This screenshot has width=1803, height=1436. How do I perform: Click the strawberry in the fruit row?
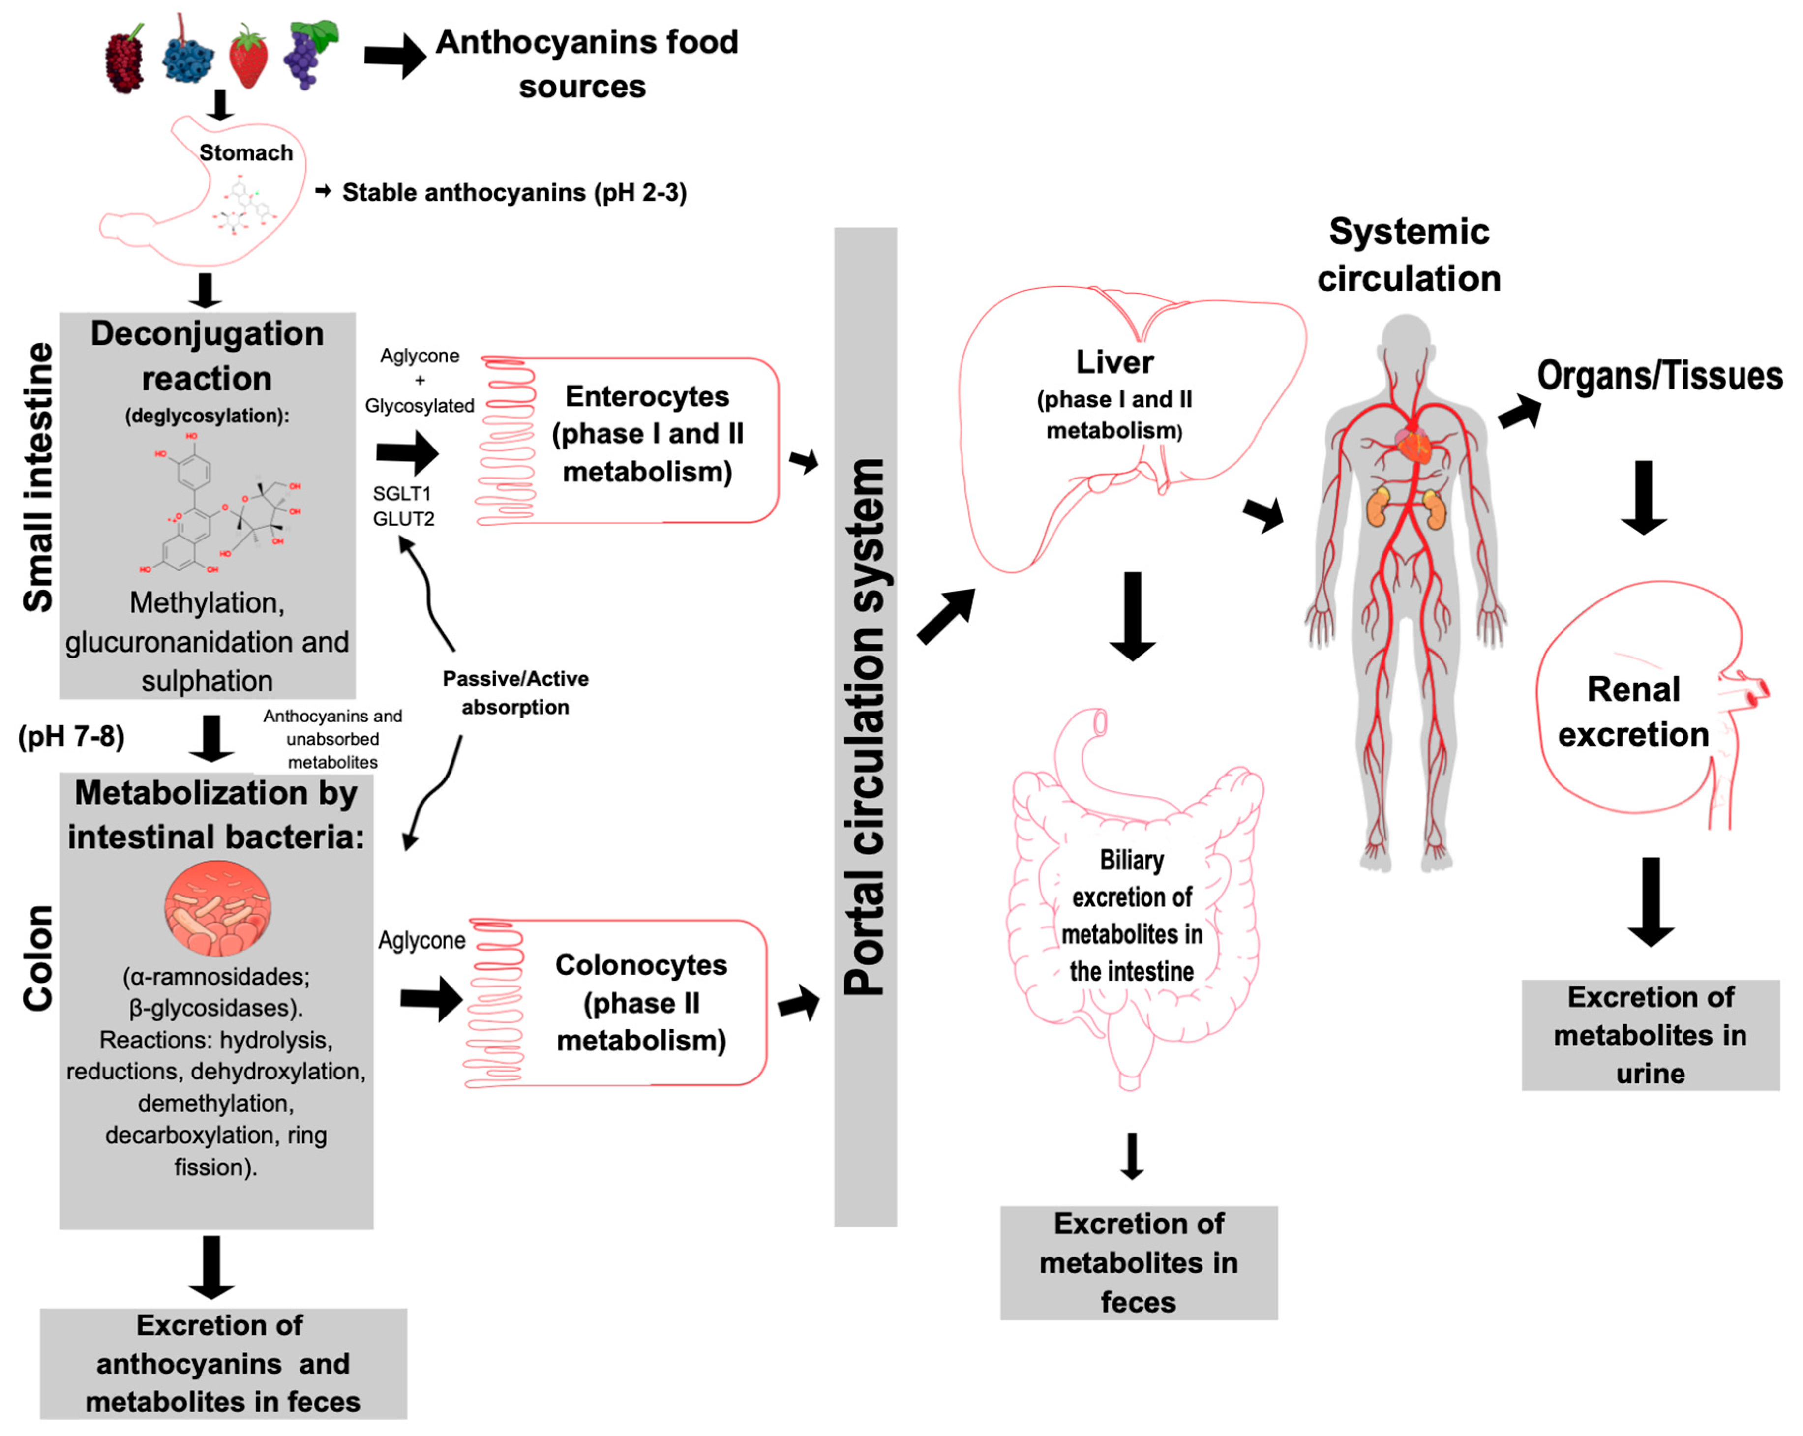248,57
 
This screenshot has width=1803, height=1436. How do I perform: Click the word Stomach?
246,153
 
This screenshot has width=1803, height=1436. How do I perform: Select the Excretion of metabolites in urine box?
1650,1035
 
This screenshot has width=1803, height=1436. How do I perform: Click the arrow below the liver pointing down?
1132,617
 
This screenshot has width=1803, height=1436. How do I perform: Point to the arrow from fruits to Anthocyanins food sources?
395,56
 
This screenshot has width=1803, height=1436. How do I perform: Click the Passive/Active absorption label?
515,692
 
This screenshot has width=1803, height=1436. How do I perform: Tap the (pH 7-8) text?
71,736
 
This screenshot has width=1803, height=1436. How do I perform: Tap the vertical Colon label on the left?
38,957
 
